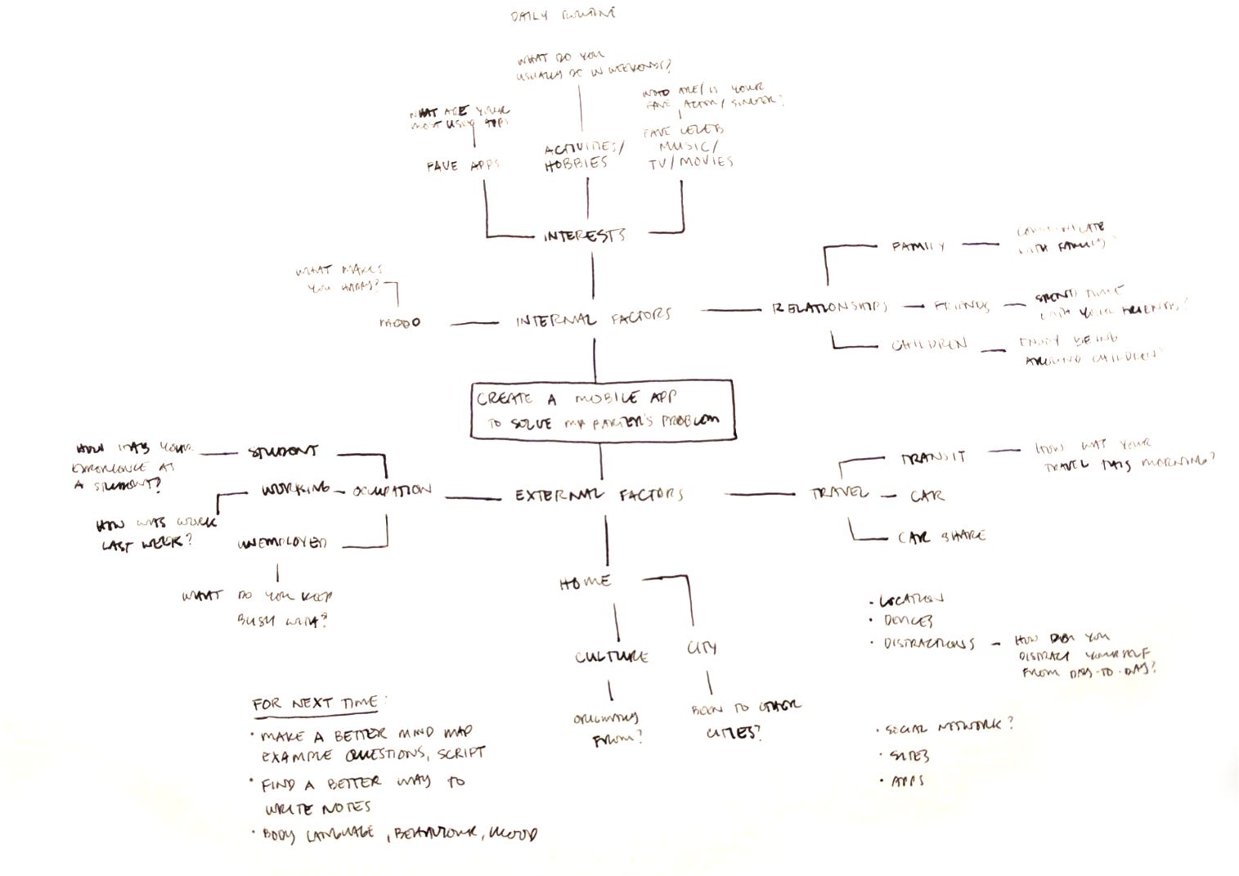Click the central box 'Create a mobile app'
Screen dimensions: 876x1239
click(602, 410)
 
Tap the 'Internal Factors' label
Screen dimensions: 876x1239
click(593, 319)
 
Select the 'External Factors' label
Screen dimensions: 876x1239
click(599, 495)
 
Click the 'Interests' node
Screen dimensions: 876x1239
click(584, 236)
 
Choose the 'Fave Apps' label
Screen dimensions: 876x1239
click(462, 166)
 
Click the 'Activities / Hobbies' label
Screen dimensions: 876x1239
click(584, 155)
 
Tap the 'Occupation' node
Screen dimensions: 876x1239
click(392, 491)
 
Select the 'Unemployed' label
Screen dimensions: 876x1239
click(282, 543)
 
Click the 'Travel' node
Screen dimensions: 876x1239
click(840, 492)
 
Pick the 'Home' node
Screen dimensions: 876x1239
click(585, 582)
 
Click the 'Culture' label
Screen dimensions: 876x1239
click(611, 656)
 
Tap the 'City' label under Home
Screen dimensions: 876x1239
click(702, 648)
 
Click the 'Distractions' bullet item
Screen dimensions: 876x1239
click(928, 643)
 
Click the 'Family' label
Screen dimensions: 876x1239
click(918, 245)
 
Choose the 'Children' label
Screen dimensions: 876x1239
click(929, 344)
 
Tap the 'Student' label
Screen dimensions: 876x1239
click(283, 451)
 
